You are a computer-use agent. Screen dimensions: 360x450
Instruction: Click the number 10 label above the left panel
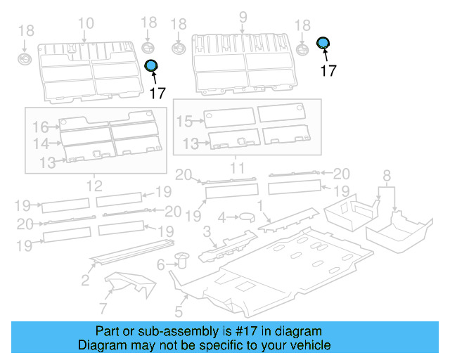pos(85,23)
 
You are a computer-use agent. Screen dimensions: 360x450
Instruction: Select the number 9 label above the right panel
pos(243,17)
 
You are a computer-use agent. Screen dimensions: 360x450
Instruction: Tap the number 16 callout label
pos(40,127)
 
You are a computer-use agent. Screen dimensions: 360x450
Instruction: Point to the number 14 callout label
pos(40,143)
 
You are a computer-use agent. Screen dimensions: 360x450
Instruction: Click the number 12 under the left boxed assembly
pos(94,186)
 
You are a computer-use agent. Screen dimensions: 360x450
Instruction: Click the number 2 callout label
pos(84,281)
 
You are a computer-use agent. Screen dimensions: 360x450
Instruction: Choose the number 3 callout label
pos(207,232)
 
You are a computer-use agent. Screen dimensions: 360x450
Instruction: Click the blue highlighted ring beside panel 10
pos(151,66)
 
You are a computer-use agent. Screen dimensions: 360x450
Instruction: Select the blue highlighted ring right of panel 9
pos(323,44)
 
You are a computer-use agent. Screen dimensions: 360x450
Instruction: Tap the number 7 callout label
pos(103,308)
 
